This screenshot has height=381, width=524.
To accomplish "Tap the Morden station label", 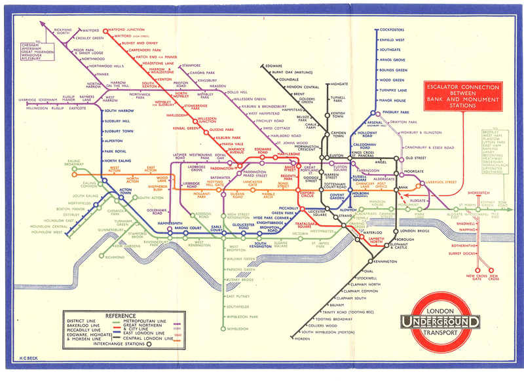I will pos(302,339).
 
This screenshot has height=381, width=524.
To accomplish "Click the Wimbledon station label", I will pos(239,329).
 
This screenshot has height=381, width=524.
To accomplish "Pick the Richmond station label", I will pos(115,257).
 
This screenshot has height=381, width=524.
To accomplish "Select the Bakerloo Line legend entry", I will pos(84,325).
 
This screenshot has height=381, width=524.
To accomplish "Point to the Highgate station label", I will pos(339,84).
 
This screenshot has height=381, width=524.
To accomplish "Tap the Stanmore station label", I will pos(191,65).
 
